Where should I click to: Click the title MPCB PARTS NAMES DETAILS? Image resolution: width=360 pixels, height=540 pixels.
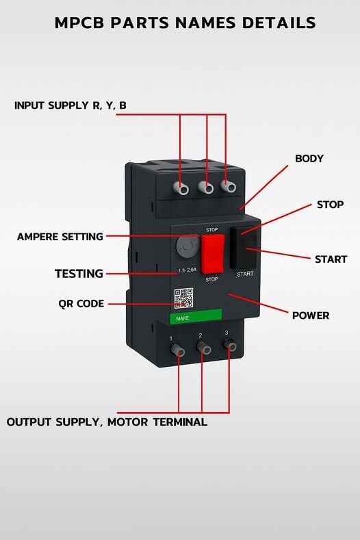coord(185,23)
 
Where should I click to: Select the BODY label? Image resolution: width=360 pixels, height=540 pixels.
coord(309,158)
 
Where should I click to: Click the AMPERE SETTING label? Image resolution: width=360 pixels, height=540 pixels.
coord(60,237)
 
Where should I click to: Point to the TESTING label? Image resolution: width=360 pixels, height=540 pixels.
coord(79,274)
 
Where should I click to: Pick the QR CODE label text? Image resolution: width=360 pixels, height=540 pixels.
coord(81,303)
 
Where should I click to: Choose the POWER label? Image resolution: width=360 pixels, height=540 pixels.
coord(311,316)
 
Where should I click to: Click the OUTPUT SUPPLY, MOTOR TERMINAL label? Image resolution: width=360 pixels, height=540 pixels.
coord(107,422)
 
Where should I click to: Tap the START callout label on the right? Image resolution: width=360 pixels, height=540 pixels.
coord(331,259)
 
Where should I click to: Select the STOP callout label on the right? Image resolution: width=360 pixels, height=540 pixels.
coord(330,205)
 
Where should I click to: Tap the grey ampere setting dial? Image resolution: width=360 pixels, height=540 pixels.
coord(187,246)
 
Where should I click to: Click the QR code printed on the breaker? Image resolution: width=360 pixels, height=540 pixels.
coord(183,299)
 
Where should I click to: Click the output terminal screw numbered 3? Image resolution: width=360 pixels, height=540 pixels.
coord(231,347)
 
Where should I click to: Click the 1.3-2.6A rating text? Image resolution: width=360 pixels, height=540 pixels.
coord(187,270)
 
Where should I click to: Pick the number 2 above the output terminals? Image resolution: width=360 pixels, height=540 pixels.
coord(200,335)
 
